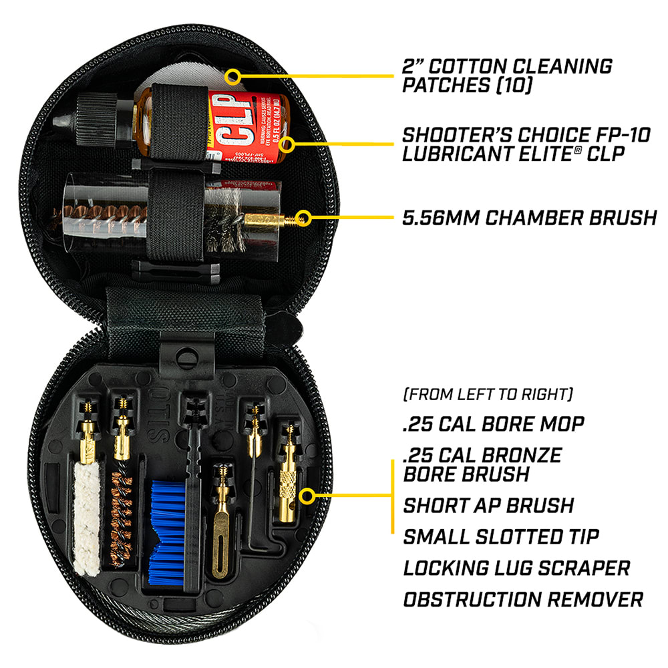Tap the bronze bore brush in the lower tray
(121, 520)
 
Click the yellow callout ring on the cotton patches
(232, 76)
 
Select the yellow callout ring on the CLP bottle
(288, 144)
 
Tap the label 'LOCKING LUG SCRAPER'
(516, 568)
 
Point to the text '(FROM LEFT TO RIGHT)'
(488, 394)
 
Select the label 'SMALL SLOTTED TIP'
(501, 536)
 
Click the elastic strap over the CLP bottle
(179, 124)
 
